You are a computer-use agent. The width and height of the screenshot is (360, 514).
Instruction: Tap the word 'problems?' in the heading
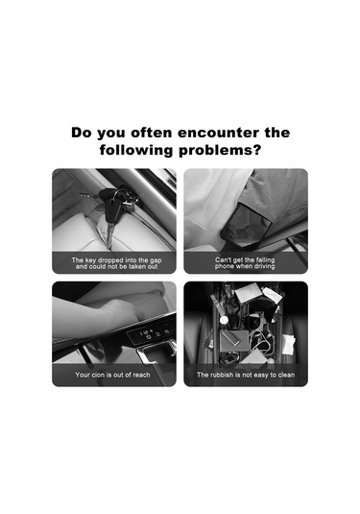[220, 151]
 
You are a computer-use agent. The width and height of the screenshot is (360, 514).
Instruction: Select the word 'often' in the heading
[152, 133]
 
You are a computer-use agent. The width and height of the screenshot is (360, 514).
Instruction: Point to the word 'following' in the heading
[136, 151]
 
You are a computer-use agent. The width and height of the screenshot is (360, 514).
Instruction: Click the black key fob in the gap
[112, 212]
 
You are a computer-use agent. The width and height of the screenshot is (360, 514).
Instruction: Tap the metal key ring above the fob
[120, 195]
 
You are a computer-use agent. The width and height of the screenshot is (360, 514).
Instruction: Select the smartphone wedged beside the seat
[248, 225]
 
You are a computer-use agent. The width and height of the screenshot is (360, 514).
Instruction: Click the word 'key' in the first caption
[91, 260]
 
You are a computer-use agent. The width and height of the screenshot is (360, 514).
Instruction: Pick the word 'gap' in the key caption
[156, 261]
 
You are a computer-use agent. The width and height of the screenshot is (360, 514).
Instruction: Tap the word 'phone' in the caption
[224, 266]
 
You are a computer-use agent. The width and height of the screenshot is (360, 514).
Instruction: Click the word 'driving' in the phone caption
[264, 266]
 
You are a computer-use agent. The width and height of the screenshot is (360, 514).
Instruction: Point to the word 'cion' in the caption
[98, 375]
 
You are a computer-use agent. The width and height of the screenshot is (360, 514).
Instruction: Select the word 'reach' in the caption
[141, 375]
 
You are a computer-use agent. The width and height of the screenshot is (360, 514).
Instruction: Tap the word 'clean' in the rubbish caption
[286, 375]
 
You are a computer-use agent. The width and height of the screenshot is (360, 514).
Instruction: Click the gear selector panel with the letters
[152, 333]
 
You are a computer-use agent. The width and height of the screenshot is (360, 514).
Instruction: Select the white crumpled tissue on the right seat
[289, 345]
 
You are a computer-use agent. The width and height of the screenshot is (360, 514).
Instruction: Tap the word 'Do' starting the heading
[82, 133]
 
